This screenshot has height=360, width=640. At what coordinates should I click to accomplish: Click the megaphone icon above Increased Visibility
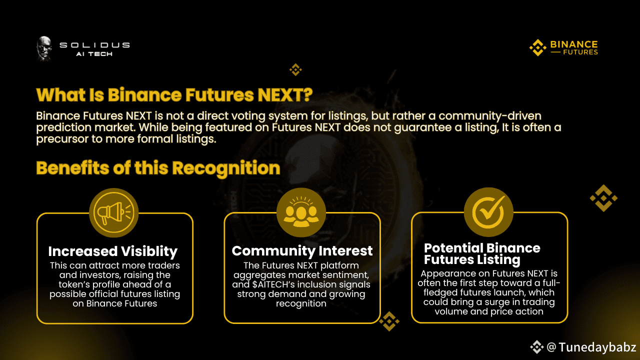(113, 212)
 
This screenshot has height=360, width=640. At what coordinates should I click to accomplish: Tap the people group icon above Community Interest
(301, 212)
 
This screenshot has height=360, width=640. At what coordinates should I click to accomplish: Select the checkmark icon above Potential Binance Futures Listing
(488, 212)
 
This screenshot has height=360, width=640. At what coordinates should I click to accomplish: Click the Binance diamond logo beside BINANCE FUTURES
(537, 47)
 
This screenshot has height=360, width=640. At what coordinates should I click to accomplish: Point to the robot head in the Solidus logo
(44, 48)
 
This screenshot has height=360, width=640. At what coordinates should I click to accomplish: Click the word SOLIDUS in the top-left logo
(94, 45)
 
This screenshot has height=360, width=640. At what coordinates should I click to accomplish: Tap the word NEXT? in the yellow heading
(285, 95)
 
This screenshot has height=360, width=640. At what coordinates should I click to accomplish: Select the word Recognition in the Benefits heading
(226, 168)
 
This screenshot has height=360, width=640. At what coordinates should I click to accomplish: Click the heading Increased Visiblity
(113, 251)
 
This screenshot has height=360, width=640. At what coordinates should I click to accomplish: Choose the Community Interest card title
(302, 251)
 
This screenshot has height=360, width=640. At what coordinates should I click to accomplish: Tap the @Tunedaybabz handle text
(591, 347)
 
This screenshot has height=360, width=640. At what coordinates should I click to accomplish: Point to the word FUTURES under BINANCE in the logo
(580, 52)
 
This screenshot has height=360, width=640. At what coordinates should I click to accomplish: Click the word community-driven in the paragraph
(489, 116)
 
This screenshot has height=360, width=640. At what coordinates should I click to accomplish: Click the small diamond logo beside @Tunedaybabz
(537, 347)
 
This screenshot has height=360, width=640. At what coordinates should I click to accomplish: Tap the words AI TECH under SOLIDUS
(94, 54)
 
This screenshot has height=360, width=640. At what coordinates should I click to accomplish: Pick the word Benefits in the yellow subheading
(72, 168)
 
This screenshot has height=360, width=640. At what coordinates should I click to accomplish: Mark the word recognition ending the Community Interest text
(301, 303)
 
